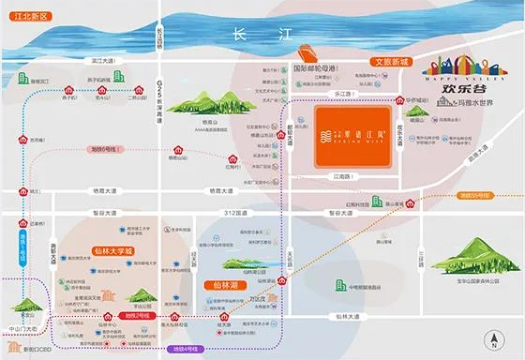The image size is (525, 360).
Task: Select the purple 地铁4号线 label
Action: (x=186, y=349)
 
